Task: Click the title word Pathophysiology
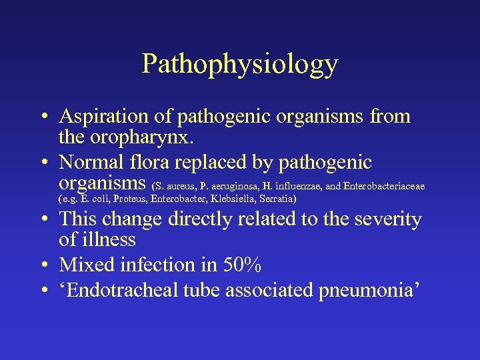click(x=240, y=64)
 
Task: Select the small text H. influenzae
click(x=292, y=185)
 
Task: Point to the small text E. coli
click(x=95, y=199)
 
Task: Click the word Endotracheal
click(x=127, y=290)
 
